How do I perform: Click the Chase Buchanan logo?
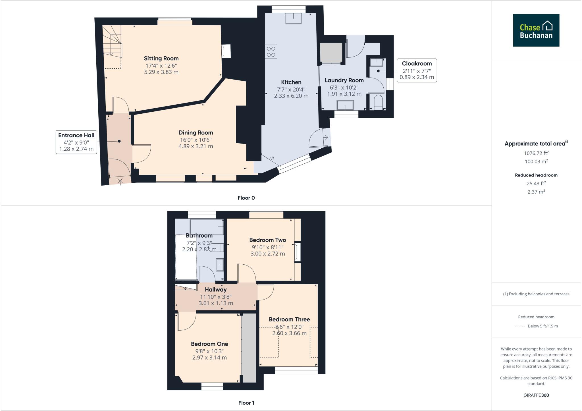tap(536, 30)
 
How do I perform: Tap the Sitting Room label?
tap(161, 59)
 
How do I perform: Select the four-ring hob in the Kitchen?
tap(271, 52)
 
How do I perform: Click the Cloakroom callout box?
tap(417, 70)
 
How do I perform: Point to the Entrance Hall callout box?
tap(76, 142)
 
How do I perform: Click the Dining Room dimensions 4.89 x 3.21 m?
tap(196, 146)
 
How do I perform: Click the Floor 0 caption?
tap(246, 198)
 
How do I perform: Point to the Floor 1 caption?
tap(246, 403)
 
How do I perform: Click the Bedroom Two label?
tap(267, 240)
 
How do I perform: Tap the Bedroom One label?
tap(209, 344)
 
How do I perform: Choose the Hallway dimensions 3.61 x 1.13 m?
tap(216, 303)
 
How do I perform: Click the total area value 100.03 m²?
tap(536, 161)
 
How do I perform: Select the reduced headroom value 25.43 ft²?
tap(536, 183)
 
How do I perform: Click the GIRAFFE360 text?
tap(536, 395)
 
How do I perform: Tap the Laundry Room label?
tap(344, 80)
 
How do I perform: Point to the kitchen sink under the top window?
tap(294, 19)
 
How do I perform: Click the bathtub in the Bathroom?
tap(206, 227)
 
